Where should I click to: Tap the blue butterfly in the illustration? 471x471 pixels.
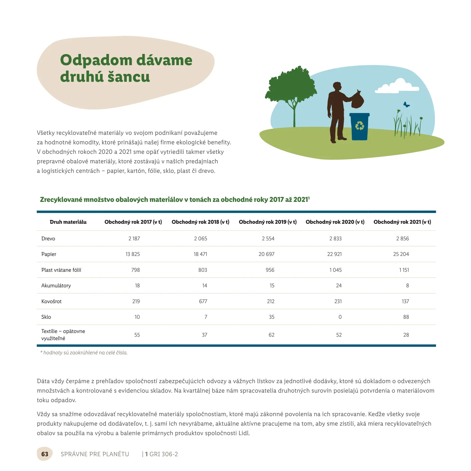coord(406,105)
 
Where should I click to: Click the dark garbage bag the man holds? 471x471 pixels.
coord(357,100)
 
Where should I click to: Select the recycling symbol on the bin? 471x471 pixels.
coord(359,126)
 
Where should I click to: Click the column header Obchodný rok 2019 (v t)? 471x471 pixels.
coord(268,222)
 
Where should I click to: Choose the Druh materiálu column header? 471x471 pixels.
coord(68,222)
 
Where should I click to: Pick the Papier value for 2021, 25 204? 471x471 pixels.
coord(401,254)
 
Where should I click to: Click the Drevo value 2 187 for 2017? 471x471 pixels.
coord(134,239)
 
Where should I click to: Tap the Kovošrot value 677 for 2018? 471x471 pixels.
coord(203,301)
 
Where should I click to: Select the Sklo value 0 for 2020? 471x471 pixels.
coord(340,317)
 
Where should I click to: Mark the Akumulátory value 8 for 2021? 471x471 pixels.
coord(407,286)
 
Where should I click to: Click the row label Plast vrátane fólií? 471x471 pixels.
coord(61,270)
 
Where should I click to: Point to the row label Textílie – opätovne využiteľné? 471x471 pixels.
coord(63,335)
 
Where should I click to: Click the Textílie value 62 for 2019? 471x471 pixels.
coord(271,335)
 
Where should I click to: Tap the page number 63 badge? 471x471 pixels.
coord(45,454)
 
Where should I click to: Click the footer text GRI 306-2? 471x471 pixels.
coord(164,454)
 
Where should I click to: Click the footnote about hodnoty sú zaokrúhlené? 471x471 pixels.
coord(84,353)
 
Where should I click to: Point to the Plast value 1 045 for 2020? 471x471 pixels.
coord(335,270)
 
